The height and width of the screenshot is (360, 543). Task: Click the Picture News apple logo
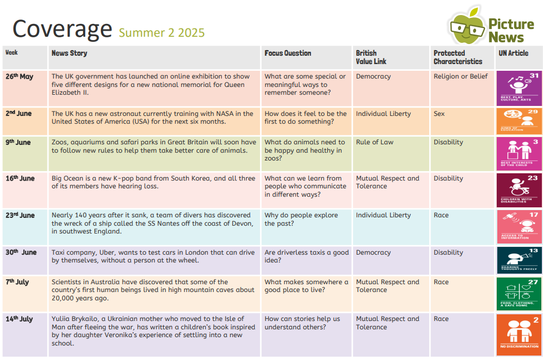click(467, 27)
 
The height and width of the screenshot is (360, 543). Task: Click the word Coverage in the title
click(62, 28)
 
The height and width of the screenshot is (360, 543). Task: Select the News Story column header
click(69, 53)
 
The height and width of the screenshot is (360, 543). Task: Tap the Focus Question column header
click(288, 53)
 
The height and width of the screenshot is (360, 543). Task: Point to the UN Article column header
click(513, 53)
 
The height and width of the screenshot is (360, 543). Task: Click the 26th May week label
click(20, 77)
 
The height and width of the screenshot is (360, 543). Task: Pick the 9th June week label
click(18, 143)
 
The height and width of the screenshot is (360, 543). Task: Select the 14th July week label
click(20, 319)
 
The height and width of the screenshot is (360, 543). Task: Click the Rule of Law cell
click(375, 142)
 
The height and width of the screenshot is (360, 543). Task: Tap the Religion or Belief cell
click(460, 76)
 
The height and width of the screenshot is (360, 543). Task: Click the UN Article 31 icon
click(518, 88)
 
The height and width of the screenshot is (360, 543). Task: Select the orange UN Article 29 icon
click(518, 120)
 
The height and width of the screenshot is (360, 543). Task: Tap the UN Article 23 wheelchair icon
click(518, 189)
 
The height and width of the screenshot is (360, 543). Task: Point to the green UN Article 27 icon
click(518, 293)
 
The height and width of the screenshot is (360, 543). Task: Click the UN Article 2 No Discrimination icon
click(518, 334)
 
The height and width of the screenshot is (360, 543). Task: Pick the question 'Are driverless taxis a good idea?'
click(306, 256)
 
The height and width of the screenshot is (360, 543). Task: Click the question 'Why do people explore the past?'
click(301, 219)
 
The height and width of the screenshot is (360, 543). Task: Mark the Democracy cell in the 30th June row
click(374, 252)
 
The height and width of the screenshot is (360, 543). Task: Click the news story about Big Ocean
click(153, 182)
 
